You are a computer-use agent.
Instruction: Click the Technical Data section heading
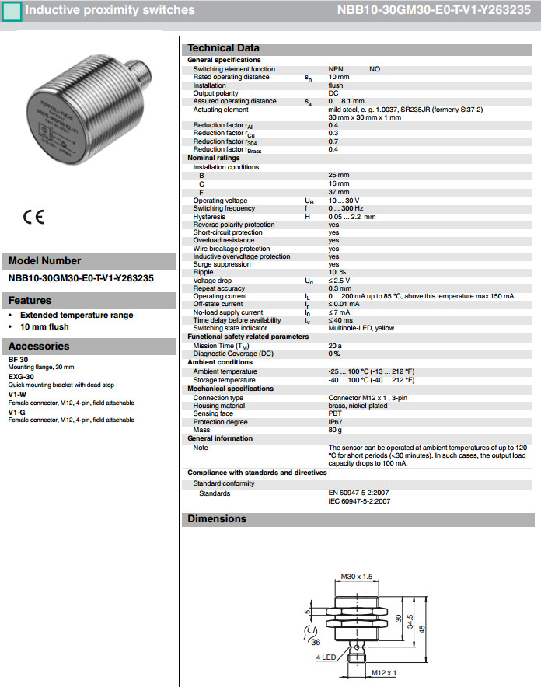[x=224, y=48]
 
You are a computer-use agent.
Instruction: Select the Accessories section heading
[x=39, y=346]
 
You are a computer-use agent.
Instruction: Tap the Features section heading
[x=30, y=300]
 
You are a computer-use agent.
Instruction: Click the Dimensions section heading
[x=217, y=518]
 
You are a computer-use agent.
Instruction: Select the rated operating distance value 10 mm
[x=338, y=77]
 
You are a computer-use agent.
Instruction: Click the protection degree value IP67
[x=335, y=422]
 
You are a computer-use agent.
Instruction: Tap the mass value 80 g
[x=335, y=430]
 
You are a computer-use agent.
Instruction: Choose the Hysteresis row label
[x=209, y=216]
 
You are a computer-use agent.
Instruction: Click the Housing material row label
[x=219, y=406]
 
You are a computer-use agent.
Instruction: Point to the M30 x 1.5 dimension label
[x=358, y=577]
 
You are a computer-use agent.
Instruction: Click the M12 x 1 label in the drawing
[x=384, y=672]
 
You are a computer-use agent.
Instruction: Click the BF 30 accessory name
[x=18, y=360]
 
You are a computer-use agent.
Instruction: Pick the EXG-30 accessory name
[x=21, y=377]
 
